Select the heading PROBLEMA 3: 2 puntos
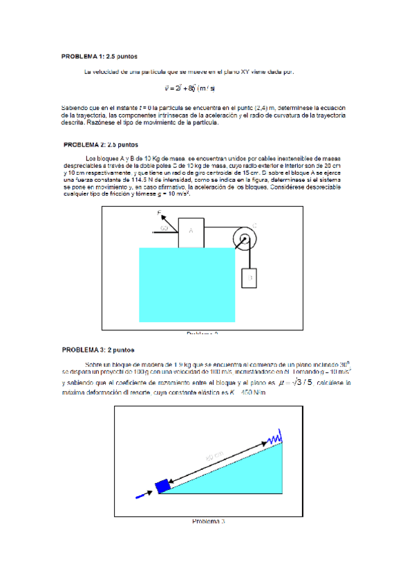coord(97,350)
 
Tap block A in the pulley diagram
coord(191,231)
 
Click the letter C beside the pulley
coord(254,225)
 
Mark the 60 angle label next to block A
coord(165,228)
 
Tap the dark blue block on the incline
coord(162,486)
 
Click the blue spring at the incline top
coord(275,437)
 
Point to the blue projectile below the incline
coord(144,494)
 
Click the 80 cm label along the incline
coord(215,456)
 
